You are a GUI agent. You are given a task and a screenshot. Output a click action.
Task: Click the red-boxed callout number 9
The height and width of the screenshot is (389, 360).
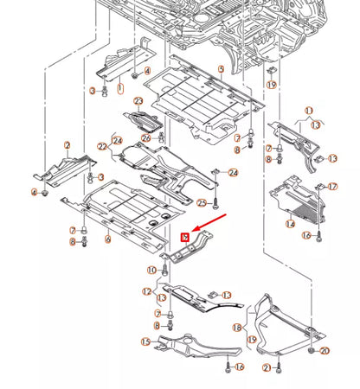(x=184, y=236)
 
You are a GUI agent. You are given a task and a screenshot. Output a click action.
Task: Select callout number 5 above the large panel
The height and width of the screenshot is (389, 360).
(x=222, y=68)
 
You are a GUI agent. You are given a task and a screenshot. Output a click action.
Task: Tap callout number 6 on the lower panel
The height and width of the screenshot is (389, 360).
(x=107, y=239)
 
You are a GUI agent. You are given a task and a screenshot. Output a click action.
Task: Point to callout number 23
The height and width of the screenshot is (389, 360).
(x=138, y=102)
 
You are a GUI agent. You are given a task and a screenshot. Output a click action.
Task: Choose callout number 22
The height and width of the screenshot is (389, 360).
(x=102, y=148)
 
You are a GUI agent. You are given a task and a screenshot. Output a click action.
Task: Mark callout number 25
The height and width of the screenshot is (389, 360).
(x=202, y=203)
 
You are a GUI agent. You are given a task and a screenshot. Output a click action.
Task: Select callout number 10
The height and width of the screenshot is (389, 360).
(x=151, y=271)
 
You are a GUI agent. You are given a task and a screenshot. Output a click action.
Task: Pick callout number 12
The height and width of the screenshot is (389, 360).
(x=146, y=291)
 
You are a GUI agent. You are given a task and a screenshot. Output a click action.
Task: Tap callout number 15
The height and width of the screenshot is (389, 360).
(x=145, y=342)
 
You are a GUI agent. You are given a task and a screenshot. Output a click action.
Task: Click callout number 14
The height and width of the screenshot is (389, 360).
(x=291, y=223)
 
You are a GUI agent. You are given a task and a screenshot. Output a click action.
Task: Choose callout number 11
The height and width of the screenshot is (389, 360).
(x=308, y=111)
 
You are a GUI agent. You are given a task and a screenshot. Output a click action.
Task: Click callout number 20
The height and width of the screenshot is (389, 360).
(x=325, y=350)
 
